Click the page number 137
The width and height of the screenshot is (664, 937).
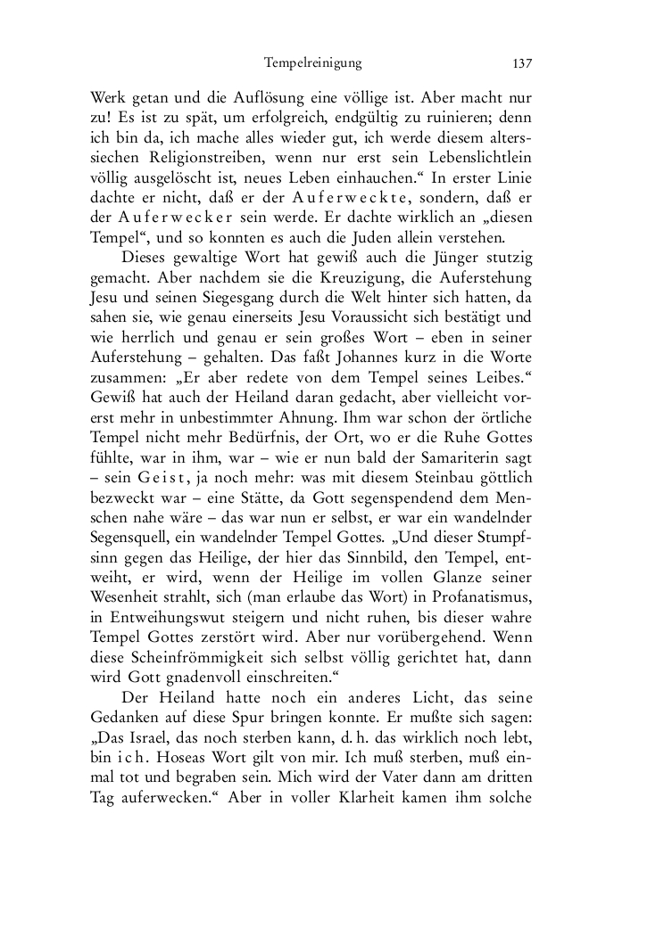(522, 63)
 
